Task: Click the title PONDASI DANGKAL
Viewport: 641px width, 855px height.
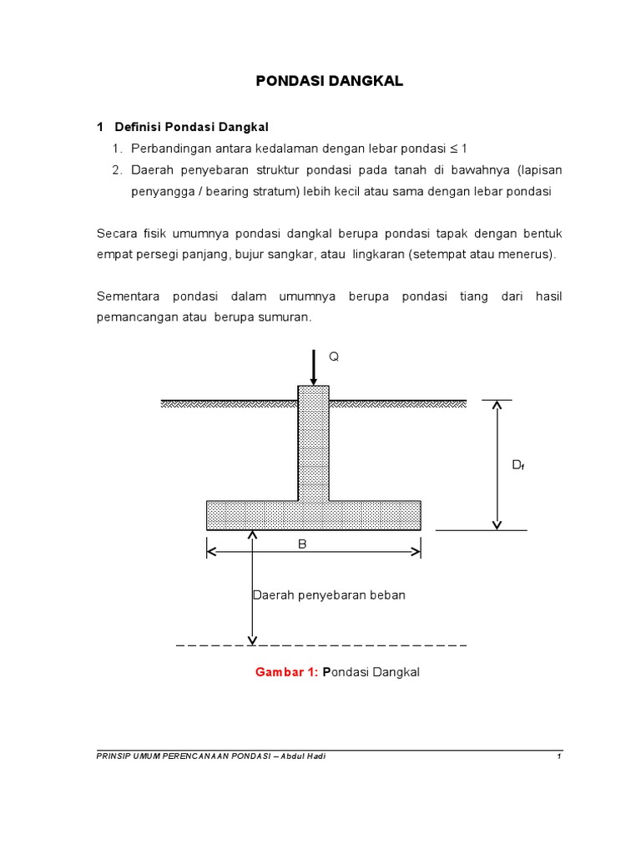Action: coord(328,81)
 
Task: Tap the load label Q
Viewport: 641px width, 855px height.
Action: coord(334,356)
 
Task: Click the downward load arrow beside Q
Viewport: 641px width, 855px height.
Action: coord(313,367)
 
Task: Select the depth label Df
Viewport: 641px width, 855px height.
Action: coord(517,465)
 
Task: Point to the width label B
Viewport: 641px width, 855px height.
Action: coord(303,544)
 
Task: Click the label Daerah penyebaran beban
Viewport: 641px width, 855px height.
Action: coord(328,595)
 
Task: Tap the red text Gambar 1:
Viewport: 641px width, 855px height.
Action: coord(286,672)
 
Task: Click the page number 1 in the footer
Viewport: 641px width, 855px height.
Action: coord(559,756)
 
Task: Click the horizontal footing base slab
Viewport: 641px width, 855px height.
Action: coord(250,515)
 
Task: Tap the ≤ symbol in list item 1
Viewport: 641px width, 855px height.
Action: coord(454,149)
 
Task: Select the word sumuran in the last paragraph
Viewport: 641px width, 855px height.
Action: coord(286,318)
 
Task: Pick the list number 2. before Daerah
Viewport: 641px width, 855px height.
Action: coord(118,170)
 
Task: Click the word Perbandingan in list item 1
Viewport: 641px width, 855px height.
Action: coord(169,149)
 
